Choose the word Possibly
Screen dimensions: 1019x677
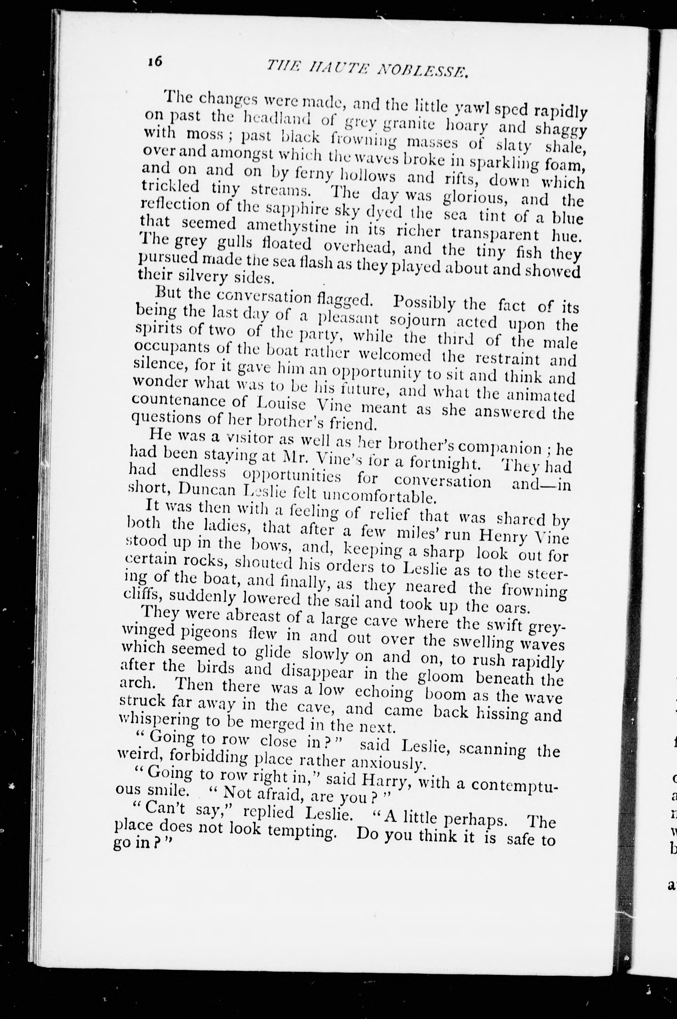[424, 303]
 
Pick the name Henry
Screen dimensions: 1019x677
[504, 537]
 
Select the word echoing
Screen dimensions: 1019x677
[384, 692]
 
